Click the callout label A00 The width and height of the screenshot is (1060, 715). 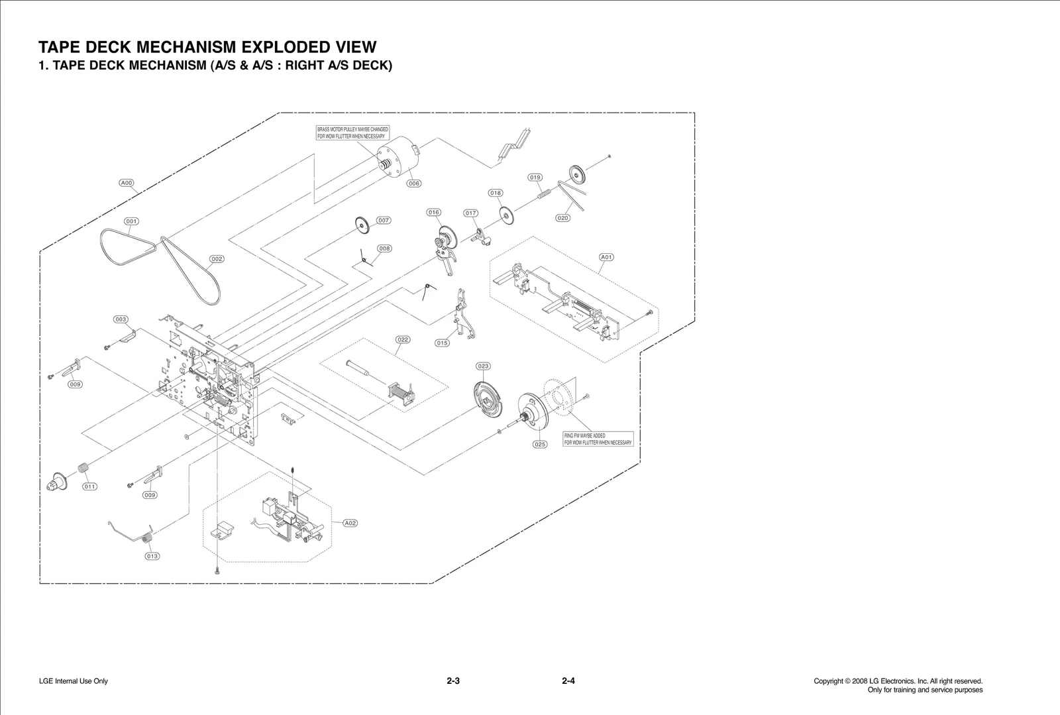(127, 183)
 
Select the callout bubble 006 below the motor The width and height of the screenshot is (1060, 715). (414, 184)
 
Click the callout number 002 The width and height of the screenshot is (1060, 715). (217, 259)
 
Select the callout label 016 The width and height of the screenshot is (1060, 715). (433, 213)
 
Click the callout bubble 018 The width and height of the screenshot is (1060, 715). (496, 193)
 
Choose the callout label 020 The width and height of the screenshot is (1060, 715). (562, 218)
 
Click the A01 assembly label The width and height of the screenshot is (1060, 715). (606, 257)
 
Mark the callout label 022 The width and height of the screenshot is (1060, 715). (403, 339)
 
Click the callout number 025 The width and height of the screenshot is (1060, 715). (540, 445)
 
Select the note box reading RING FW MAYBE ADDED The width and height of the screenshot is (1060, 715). (598, 439)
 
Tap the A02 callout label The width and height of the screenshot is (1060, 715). (350, 523)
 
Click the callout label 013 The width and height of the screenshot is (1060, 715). (152, 556)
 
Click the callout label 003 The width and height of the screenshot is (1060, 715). (121, 319)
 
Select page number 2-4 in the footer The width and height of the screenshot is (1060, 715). (568, 681)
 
